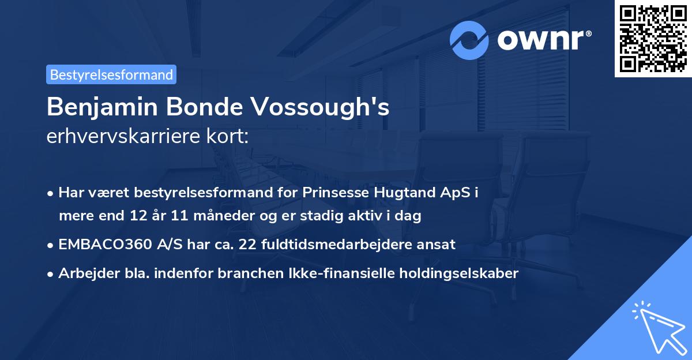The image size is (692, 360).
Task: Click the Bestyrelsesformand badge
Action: tap(111, 74)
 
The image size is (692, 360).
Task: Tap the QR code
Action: tap(653, 38)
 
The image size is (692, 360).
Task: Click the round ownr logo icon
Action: tap(469, 39)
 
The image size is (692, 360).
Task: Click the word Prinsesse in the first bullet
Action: tap(329, 193)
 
